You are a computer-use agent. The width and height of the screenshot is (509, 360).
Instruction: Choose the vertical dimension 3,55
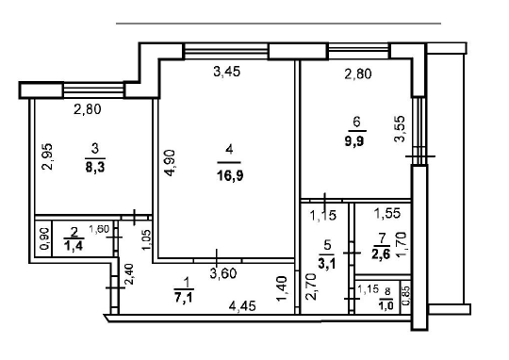coord(401,128)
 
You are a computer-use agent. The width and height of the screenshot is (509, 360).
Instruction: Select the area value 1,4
coord(74,247)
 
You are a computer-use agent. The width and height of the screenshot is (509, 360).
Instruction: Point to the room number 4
coord(227,149)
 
